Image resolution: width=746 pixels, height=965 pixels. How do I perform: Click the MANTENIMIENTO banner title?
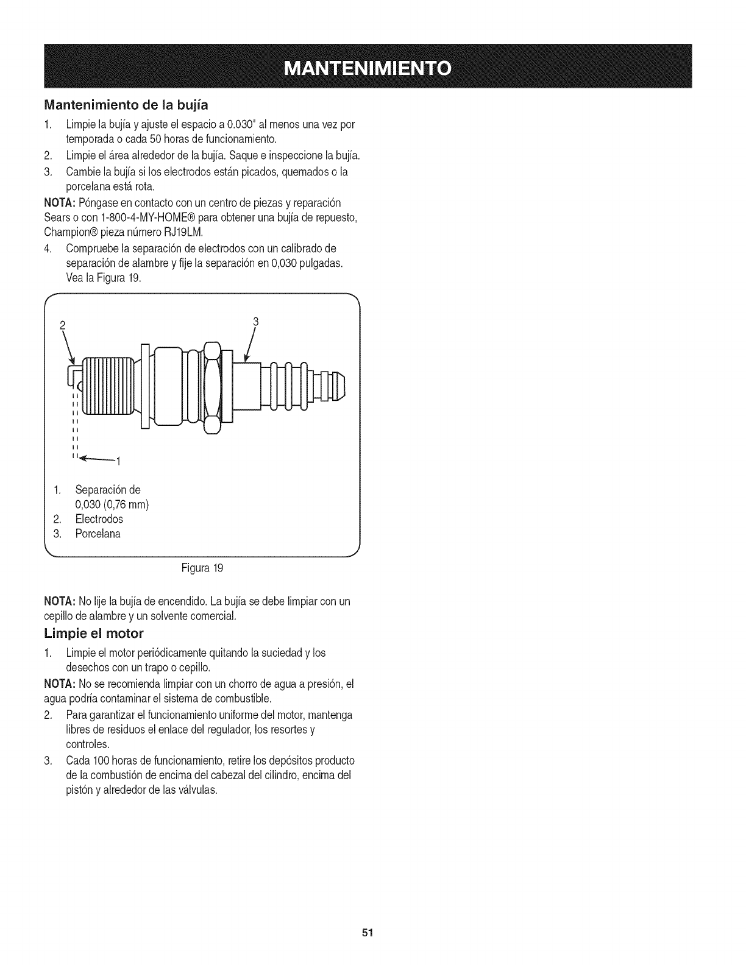click(x=372, y=67)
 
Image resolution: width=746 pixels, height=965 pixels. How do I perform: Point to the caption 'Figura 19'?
click(x=202, y=568)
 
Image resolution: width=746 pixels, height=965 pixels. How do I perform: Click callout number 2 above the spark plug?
click(x=62, y=324)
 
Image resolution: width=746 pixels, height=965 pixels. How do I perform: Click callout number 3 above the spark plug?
click(x=256, y=321)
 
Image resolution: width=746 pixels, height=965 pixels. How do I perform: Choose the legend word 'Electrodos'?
click(x=99, y=519)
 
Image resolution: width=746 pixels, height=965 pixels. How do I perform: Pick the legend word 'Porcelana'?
click(x=98, y=534)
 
